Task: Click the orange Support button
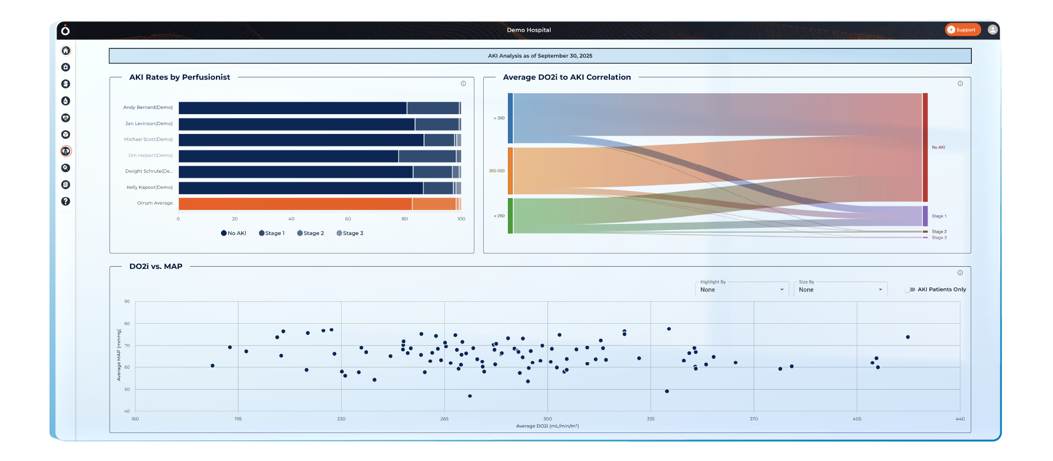point(963,30)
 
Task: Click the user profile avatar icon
point(992,30)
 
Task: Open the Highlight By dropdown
point(741,290)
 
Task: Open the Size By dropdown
point(840,290)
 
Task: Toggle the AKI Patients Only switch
point(910,290)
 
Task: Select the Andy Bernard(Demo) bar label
point(148,108)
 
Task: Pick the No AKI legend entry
point(234,233)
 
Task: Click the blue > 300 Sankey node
point(510,118)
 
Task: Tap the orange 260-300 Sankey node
point(510,171)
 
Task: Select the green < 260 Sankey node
point(510,216)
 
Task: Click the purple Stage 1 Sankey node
point(925,216)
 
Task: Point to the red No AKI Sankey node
point(925,147)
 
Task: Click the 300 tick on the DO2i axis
point(547,419)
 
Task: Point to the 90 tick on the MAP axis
point(127,301)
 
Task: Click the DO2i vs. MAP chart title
point(156,266)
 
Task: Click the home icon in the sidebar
point(66,50)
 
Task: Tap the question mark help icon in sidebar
point(66,201)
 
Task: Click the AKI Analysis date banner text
point(540,56)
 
